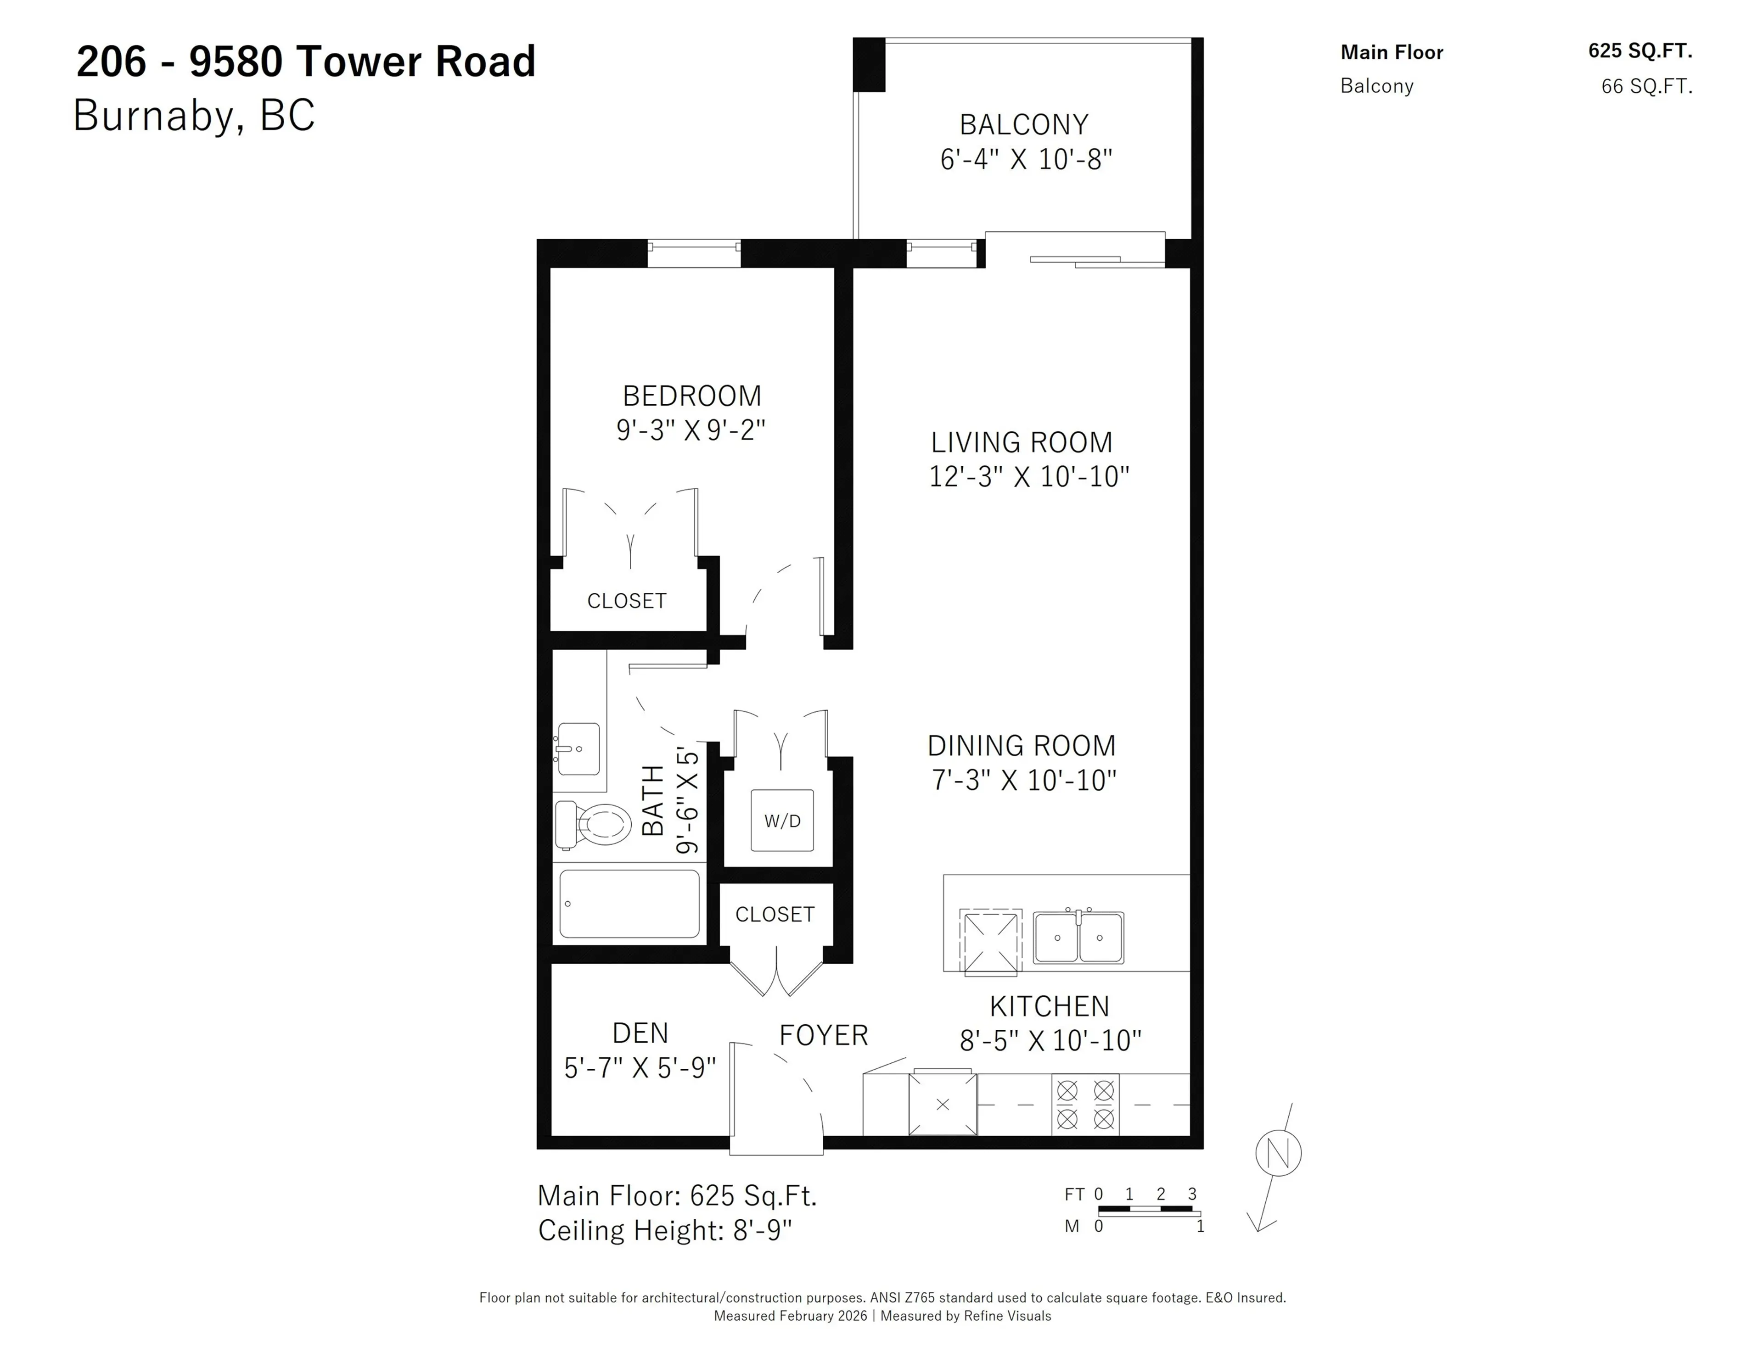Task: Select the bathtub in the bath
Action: pos(629,904)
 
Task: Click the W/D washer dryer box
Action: pos(781,821)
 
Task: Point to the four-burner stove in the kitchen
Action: pos(1085,1105)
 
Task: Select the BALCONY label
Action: pos(1023,125)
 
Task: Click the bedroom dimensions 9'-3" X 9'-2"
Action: pos(690,430)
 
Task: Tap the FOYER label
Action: pos(823,1035)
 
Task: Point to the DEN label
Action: pos(640,1033)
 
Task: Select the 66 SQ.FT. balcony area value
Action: pos(1646,86)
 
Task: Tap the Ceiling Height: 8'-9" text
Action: pos(664,1230)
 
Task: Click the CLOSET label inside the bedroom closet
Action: pos(626,601)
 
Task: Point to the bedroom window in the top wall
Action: pos(693,254)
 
